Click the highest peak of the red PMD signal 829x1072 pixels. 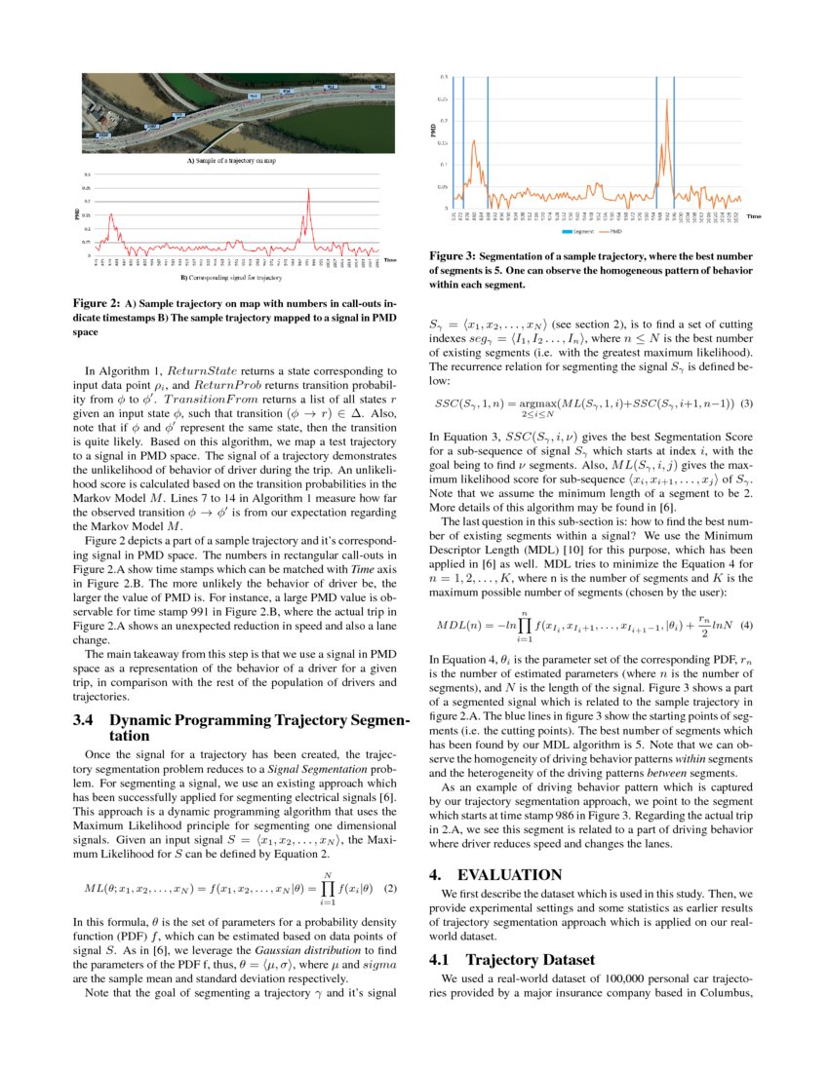pyautogui.click(x=309, y=191)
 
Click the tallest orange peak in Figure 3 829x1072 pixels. pyautogui.click(x=668, y=99)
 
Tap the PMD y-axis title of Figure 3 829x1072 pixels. pyautogui.click(x=433, y=130)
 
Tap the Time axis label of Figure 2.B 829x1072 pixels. pyautogui.click(x=390, y=260)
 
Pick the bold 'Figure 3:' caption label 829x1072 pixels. pyautogui.click(x=453, y=257)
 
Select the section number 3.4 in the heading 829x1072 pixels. pyautogui.click(x=84, y=722)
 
